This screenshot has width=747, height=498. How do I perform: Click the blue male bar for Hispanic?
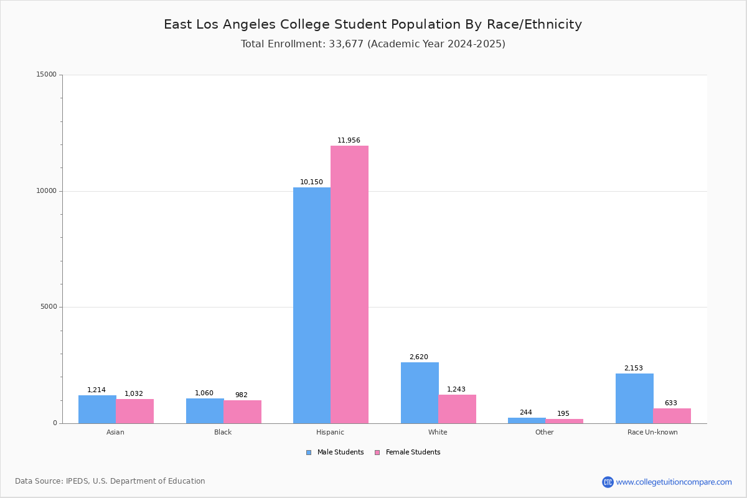pyautogui.click(x=312, y=305)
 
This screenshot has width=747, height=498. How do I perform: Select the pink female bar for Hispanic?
pyautogui.click(x=349, y=284)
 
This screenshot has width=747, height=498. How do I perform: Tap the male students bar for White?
pyautogui.click(x=420, y=393)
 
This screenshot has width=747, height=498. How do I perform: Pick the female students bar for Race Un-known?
pyautogui.click(x=672, y=416)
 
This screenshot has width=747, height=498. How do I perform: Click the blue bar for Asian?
pyautogui.click(x=97, y=409)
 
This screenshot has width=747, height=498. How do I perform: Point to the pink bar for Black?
pyautogui.click(x=242, y=411)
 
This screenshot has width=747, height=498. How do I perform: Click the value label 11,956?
pyautogui.click(x=349, y=141)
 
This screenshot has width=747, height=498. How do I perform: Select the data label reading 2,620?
pyautogui.click(x=418, y=357)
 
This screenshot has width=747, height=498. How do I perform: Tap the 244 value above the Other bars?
pyautogui.click(x=526, y=413)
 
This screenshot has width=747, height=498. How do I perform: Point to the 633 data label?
pyautogui.click(x=670, y=403)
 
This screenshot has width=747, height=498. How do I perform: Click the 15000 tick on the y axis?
pyautogui.click(x=46, y=75)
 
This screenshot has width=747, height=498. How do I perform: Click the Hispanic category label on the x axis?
pyautogui.click(x=330, y=432)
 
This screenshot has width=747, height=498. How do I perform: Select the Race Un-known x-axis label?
pyautogui.click(x=652, y=432)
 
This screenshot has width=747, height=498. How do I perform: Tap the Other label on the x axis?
pyautogui.click(x=544, y=432)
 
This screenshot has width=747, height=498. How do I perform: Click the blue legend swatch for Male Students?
pyautogui.click(x=309, y=453)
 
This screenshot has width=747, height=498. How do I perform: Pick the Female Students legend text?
pyautogui.click(x=413, y=453)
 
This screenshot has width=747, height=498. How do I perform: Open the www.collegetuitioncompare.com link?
pyautogui.click(x=674, y=482)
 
